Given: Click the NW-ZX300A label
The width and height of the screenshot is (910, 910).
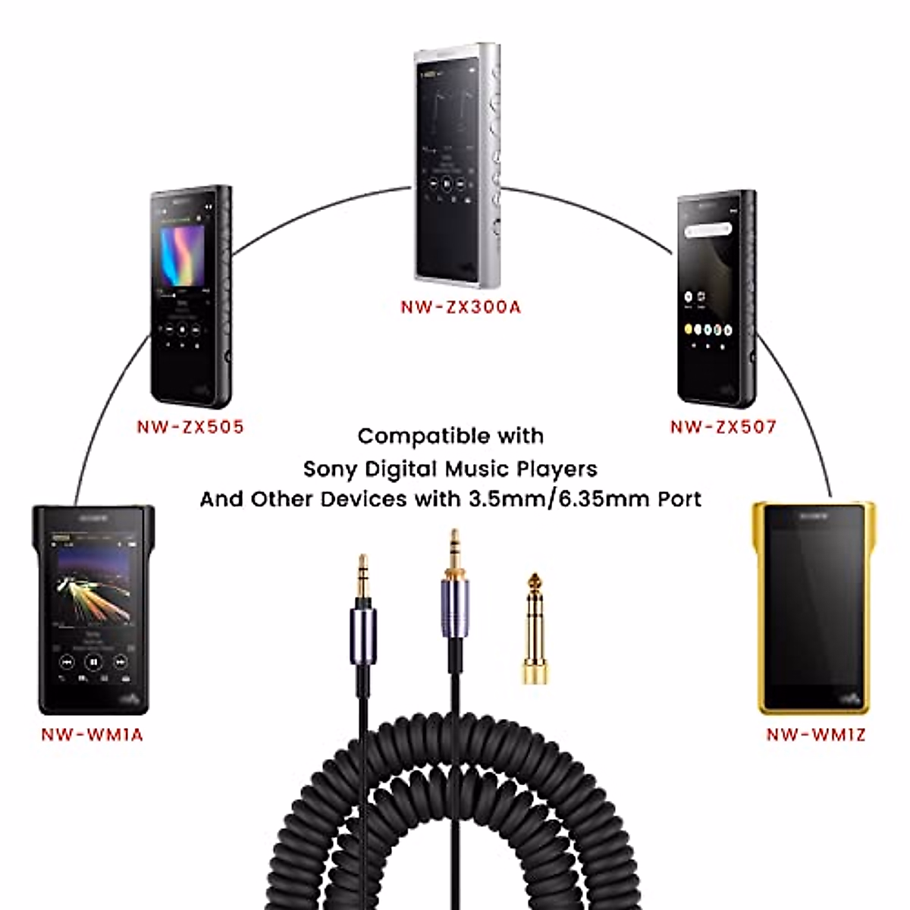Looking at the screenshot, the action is (460, 307).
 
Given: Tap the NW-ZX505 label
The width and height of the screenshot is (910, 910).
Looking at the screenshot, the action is (190, 427).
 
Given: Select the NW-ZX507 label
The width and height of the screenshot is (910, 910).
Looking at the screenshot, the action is (723, 427).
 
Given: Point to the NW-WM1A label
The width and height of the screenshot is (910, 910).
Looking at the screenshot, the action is (92, 734).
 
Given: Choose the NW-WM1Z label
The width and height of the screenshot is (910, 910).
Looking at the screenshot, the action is (815, 734).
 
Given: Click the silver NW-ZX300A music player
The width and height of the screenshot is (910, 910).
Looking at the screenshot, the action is (457, 165).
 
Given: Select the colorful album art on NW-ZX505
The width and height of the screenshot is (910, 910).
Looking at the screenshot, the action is (183, 253).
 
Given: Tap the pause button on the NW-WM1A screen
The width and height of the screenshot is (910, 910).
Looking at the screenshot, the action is (93, 662).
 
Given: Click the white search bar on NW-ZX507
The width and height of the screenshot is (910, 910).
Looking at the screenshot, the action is (708, 229).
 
